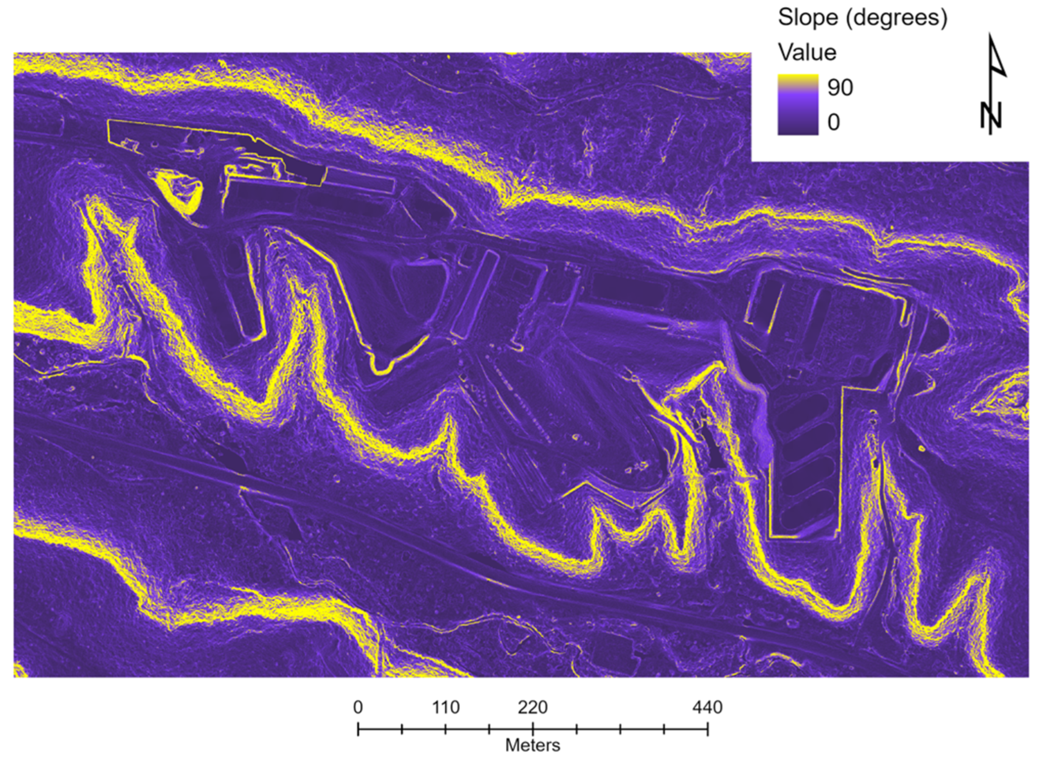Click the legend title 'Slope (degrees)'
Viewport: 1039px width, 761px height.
862,18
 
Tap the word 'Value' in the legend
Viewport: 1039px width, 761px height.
807,52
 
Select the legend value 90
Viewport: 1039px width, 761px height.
840,87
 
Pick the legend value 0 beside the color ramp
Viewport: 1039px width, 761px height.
833,122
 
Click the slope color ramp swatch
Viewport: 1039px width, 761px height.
798,105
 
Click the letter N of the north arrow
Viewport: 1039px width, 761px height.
991,116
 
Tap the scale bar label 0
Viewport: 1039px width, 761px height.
358,707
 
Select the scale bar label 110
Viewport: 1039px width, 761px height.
446,707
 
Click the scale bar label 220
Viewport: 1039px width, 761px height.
533,707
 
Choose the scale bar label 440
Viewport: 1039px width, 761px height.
708,707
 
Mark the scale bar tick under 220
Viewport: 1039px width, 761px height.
533,729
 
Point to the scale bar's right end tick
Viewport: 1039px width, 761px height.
708,729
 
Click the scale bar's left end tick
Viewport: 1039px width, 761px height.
358,729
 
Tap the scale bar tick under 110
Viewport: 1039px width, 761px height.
446,729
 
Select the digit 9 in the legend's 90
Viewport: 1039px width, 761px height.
833,87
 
